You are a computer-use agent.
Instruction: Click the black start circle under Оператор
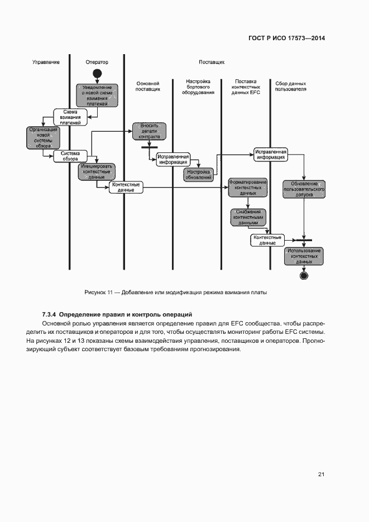click(97, 74)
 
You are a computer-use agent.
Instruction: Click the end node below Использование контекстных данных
click(304, 275)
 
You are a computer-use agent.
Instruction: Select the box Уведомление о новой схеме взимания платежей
click(97, 95)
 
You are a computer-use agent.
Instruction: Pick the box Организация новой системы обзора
click(43, 137)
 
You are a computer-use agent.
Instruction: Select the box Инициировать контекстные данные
click(97, 171)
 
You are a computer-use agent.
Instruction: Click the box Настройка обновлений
click(199, 175)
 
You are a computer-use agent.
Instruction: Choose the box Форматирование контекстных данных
click(247, 187)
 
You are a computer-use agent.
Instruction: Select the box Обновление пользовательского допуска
click(304, 190)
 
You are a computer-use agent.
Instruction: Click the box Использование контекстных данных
click(304, 256)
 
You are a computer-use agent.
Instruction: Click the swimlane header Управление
click(46, 62)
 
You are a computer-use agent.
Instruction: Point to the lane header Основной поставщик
click(148, 86)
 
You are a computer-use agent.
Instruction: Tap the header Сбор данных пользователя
click(291, 86)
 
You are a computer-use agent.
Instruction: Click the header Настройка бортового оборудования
click(198, 87)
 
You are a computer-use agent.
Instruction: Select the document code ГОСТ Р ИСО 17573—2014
click(286, 39)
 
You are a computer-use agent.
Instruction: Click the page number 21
click(321, 475)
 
